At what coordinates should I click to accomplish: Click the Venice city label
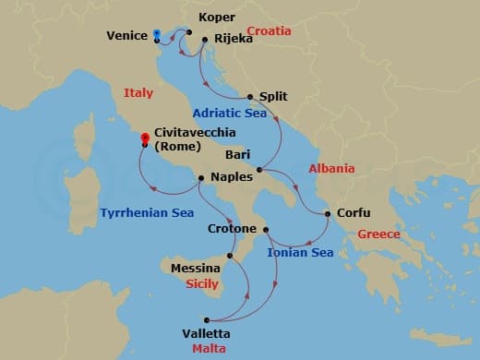pos(127,36)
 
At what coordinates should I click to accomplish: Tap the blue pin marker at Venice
pos(157,33)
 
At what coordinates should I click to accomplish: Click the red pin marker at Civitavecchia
pos(145,139)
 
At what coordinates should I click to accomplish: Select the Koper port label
pos(217,18)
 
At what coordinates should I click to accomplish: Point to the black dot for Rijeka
pos(203,40)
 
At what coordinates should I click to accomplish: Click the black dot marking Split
pos(250,96)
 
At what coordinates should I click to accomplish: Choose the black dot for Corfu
pos(328,215)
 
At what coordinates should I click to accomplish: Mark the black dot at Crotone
pos(266,229)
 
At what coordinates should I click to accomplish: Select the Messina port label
pos(196,269)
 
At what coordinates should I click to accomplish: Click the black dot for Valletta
pos(207,319)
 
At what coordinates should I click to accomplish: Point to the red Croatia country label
pos(269,31)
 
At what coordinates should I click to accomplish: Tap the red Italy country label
pos(138,92)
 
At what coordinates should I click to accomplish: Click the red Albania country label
pos(332,169)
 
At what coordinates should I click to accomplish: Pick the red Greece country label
pos(378,234)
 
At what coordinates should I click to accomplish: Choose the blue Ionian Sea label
pos(300,252)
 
